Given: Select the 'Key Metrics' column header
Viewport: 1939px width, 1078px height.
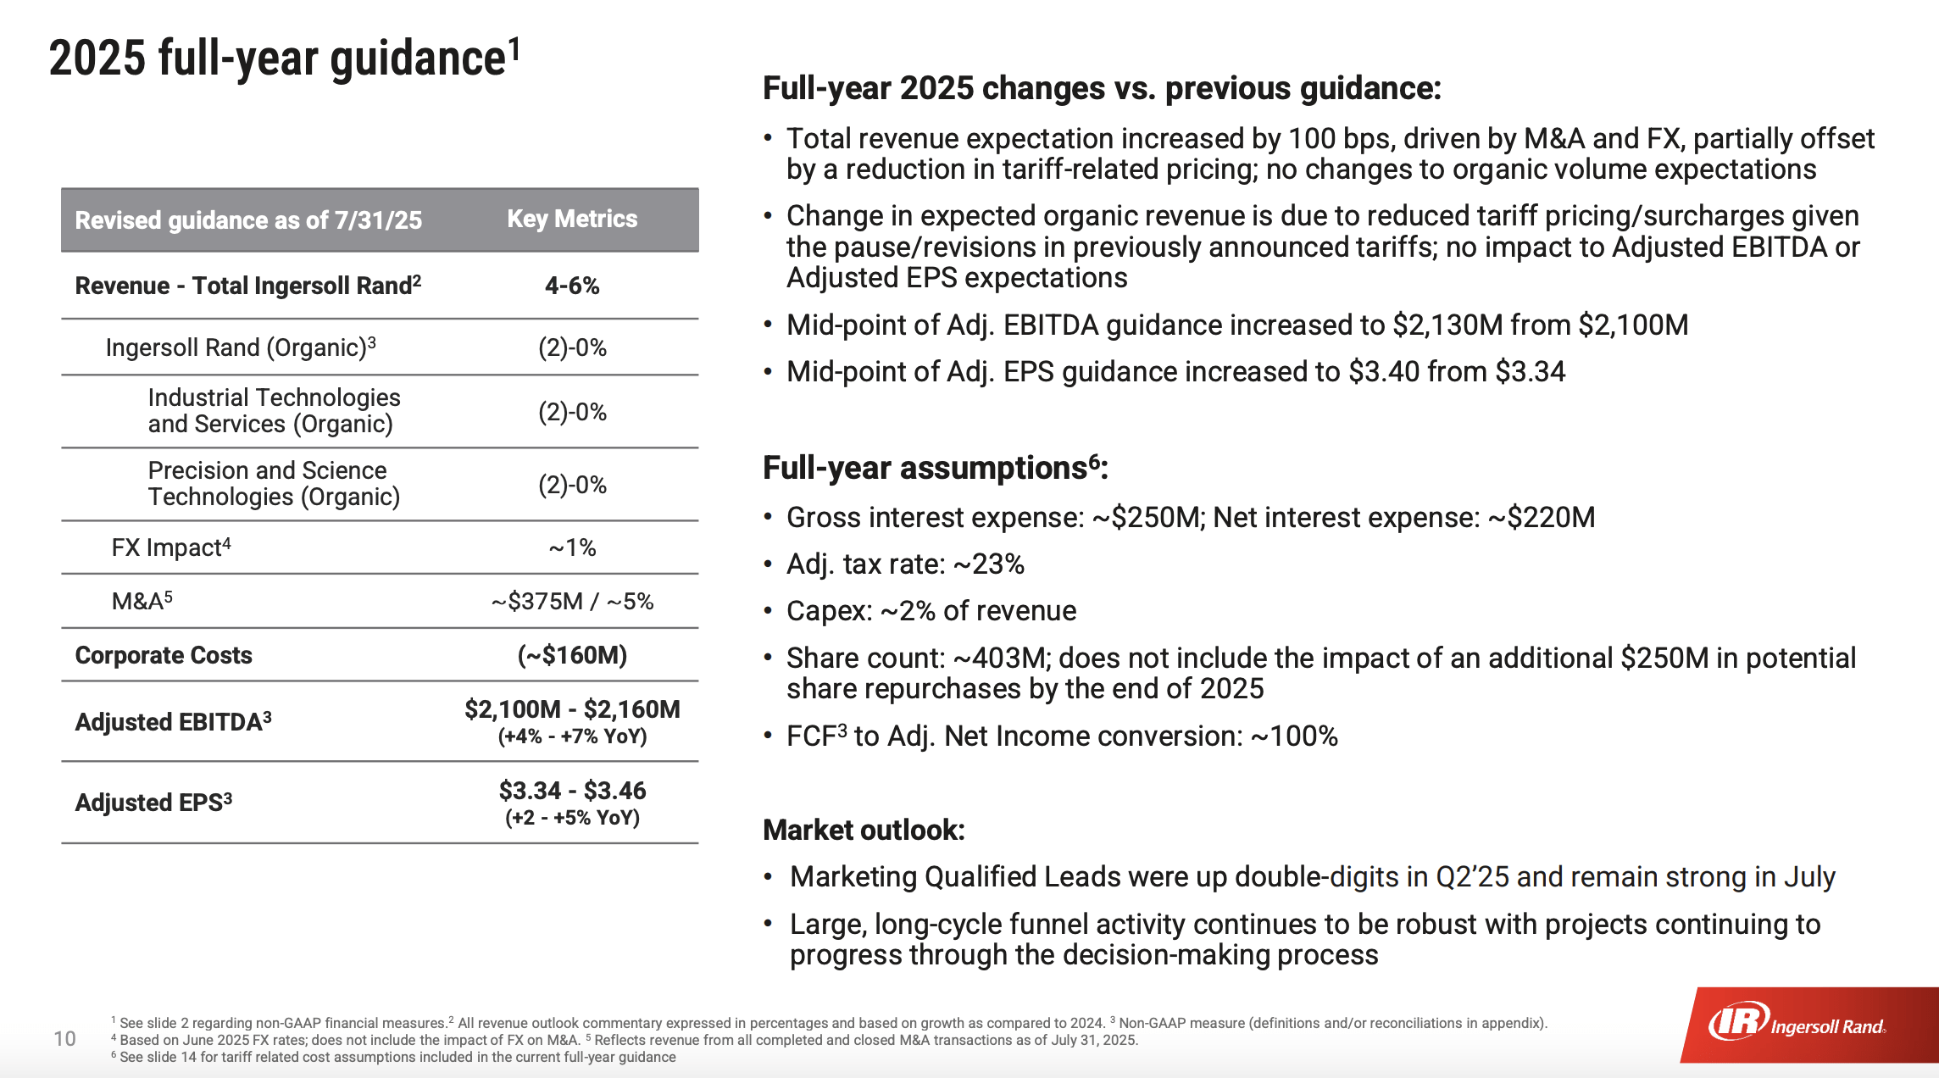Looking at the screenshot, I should [572, 219].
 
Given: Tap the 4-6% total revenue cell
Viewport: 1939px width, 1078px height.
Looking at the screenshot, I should [572, 286].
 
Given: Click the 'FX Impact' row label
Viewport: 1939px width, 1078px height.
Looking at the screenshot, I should [170, 547].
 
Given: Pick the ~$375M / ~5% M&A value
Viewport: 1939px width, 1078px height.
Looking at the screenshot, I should [572, 602].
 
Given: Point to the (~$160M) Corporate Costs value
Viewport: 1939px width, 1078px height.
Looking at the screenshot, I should [572, 655].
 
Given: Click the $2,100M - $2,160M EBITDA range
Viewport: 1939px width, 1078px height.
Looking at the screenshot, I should [572, 709].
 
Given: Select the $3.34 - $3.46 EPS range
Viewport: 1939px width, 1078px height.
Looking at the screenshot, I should [572, 791].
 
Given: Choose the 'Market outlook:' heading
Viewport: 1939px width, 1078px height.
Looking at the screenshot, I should [864, 830].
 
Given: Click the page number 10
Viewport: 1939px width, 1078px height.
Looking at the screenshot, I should [64, 1039].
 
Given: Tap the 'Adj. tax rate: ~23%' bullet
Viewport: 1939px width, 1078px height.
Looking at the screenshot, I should [905, 564].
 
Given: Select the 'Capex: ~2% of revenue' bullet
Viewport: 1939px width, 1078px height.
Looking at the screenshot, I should [931, 611].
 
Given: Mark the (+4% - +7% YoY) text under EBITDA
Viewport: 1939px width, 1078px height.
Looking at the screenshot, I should [572, 736].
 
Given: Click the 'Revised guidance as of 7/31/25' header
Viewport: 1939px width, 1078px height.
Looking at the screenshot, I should [248, 220].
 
